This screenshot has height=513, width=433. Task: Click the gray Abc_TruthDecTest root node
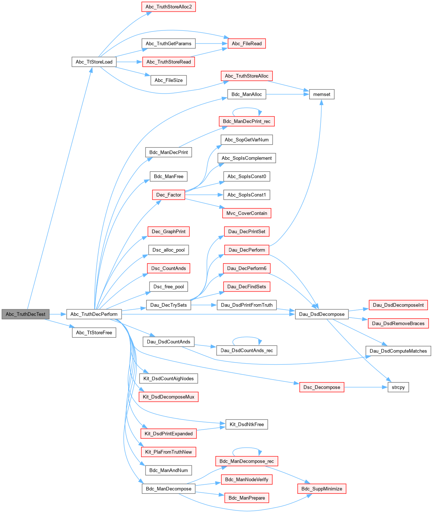25,314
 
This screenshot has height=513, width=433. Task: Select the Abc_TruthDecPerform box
94,314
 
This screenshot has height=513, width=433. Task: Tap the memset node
322,94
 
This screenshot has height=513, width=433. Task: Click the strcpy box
398,387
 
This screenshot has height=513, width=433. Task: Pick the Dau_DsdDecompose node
322,314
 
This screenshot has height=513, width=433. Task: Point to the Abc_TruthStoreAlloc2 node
168,7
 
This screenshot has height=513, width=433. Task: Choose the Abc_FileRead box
247,44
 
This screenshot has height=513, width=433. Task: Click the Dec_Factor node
169,195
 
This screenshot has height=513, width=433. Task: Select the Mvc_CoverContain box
247,213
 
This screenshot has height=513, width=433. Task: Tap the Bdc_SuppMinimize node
322,489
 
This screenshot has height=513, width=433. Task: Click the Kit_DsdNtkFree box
247,424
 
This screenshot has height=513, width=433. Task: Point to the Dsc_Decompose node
322,387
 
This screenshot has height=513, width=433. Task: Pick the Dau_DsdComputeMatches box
398,351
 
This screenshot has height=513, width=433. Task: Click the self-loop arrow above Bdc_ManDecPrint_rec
247,108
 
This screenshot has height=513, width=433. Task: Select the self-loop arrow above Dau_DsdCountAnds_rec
247,338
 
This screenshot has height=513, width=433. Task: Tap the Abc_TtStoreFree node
94,332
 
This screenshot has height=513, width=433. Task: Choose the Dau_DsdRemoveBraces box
398,323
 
